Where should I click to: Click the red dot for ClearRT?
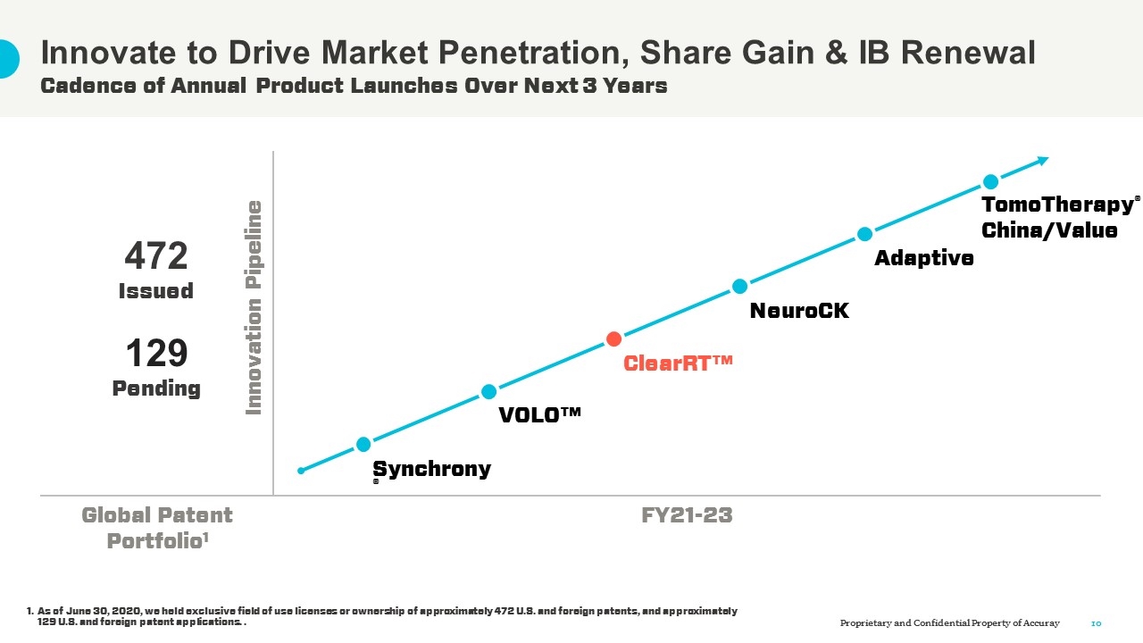[613, 338]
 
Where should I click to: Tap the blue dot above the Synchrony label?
[363, 444]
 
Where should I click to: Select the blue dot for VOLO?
[488, 391]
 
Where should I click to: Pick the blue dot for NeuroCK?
[739, 286]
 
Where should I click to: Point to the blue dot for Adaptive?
[864, 234]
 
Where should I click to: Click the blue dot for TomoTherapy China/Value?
[990, 181]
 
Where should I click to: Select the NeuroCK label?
[799, 311]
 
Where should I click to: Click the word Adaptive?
[924, 258]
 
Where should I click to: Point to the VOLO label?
[540, 415]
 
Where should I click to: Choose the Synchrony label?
[431, 469]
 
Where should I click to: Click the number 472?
[156, 257]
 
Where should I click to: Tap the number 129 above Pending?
[156, 354]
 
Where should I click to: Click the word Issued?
[156, 291]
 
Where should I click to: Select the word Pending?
[156, 388]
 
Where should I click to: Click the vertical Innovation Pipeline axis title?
[254, 308]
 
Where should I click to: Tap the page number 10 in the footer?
[1097, 622]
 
